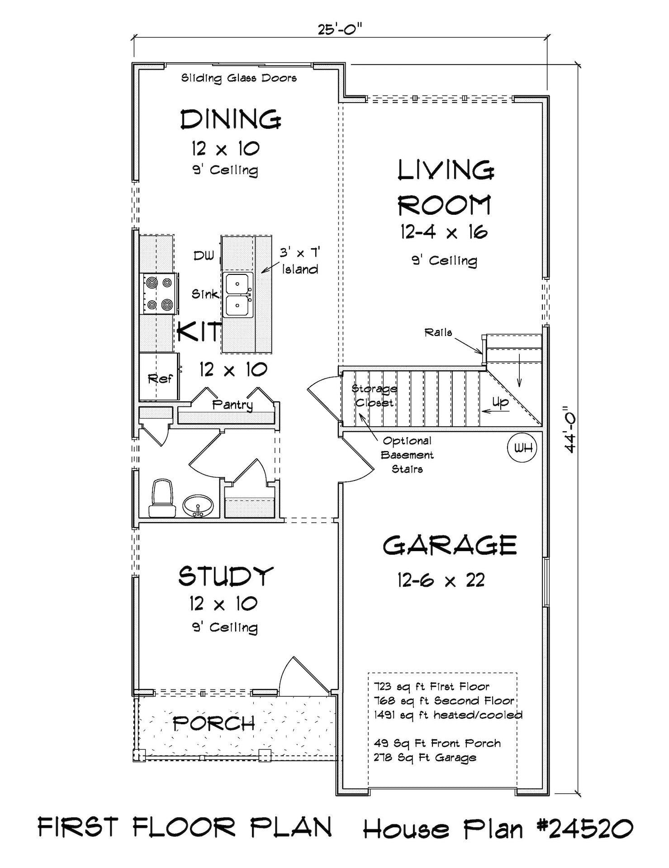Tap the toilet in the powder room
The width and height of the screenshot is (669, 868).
(162, 498)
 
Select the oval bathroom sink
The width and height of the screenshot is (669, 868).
(199, 505)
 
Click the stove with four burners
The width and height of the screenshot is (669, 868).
(159, 294)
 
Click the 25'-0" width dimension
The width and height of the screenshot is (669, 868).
(340, 29)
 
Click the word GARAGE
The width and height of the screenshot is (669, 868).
(450, 545)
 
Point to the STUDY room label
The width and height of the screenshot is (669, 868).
(226, 576)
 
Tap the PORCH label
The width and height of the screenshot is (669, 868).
(214, 724)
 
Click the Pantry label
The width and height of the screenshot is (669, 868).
(232, 405)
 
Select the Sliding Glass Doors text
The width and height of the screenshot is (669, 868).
(239, 78)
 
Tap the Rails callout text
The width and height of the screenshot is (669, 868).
(438, 332)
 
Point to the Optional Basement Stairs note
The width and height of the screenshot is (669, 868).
(408, 455)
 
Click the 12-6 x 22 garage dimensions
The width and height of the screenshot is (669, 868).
(441, 580)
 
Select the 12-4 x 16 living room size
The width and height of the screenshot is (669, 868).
(444, 232)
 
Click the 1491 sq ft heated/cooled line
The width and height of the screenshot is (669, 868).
(448, 715)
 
